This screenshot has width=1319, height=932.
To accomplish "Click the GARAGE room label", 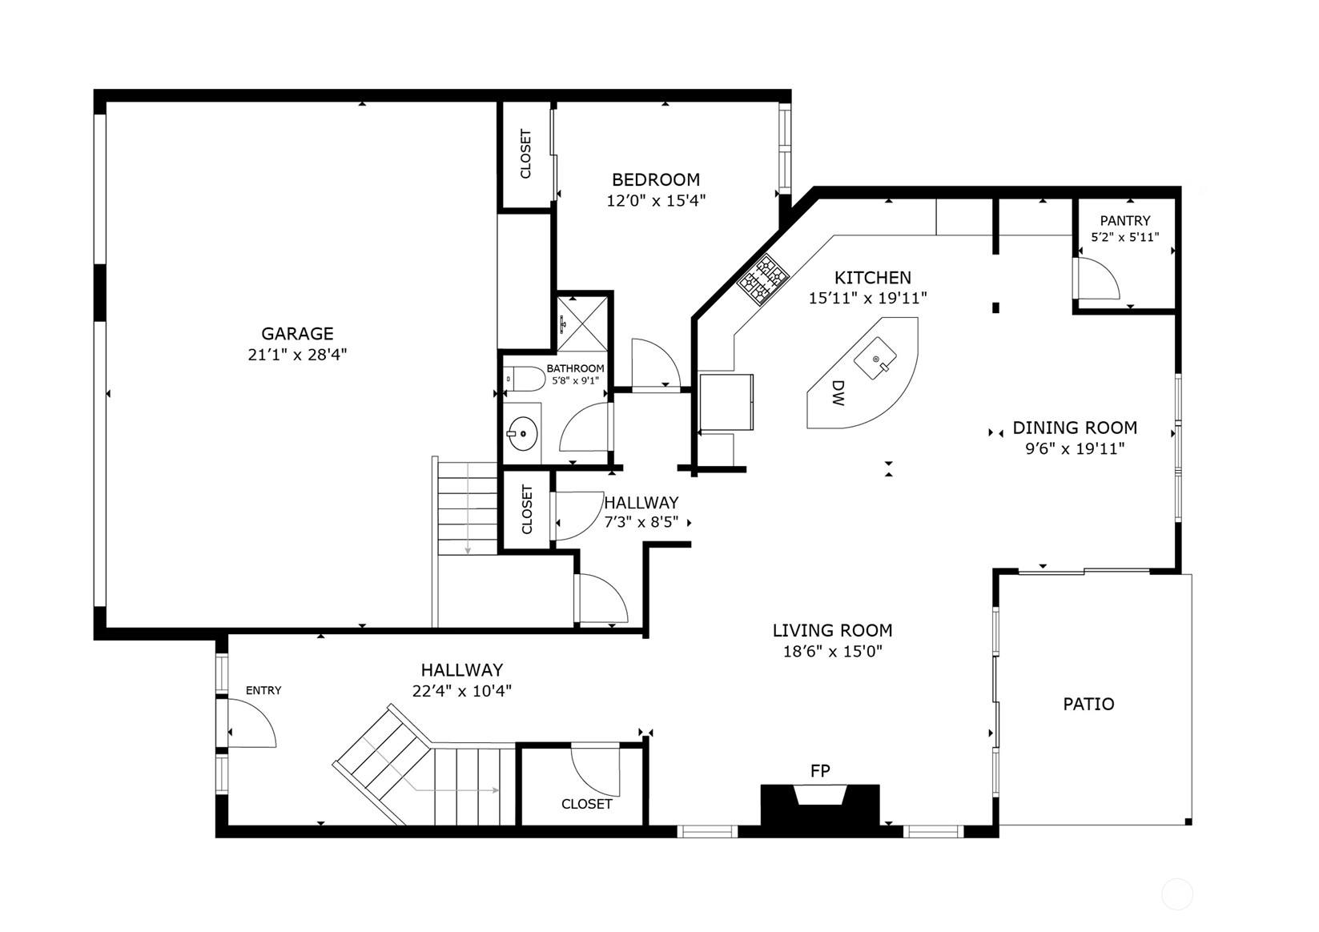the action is [x=297, y=334].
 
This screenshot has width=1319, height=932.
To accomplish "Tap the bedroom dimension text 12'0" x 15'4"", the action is [x=656, y=201].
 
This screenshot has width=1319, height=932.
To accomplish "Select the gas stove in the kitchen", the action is [x=763, y=279].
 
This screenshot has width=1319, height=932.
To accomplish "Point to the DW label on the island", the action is [x=838, y=392].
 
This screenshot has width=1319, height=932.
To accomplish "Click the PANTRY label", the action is [x=1125, y=221].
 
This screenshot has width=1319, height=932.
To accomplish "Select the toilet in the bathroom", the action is [x=524, y=379].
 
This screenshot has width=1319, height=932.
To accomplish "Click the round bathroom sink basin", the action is [x=523, y=434].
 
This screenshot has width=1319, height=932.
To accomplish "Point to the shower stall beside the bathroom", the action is [x=582, y=323].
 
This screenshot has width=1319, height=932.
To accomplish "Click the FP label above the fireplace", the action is [x=820, y=771].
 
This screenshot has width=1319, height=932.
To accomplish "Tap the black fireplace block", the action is [x=820, y=805].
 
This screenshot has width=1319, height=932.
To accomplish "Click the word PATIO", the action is [x=1089, y=704].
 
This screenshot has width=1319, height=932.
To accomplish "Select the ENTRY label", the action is [x=263, y=691].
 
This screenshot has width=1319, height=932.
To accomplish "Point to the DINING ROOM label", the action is [x=1075, y=428].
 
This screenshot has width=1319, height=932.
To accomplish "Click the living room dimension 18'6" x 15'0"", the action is [x=833, y=652].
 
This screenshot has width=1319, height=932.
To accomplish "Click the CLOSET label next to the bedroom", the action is [x=526, y=154].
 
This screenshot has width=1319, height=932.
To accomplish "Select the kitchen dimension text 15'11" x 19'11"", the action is [x=868, y=298].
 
